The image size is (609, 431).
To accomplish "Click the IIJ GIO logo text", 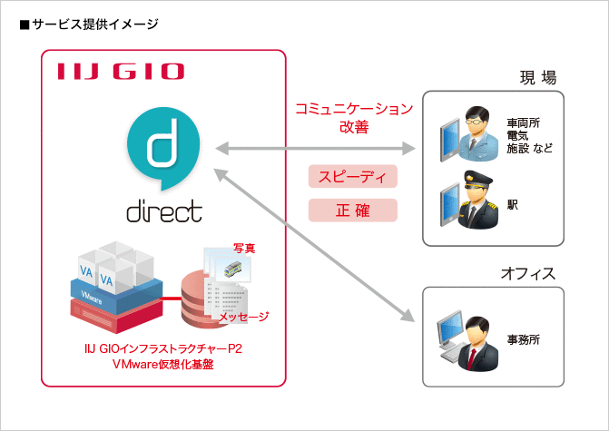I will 120,72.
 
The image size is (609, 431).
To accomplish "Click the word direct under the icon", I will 163,211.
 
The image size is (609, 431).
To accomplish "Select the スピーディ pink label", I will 353,176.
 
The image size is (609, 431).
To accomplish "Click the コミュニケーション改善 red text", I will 353,118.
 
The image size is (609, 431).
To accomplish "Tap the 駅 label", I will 513,206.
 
